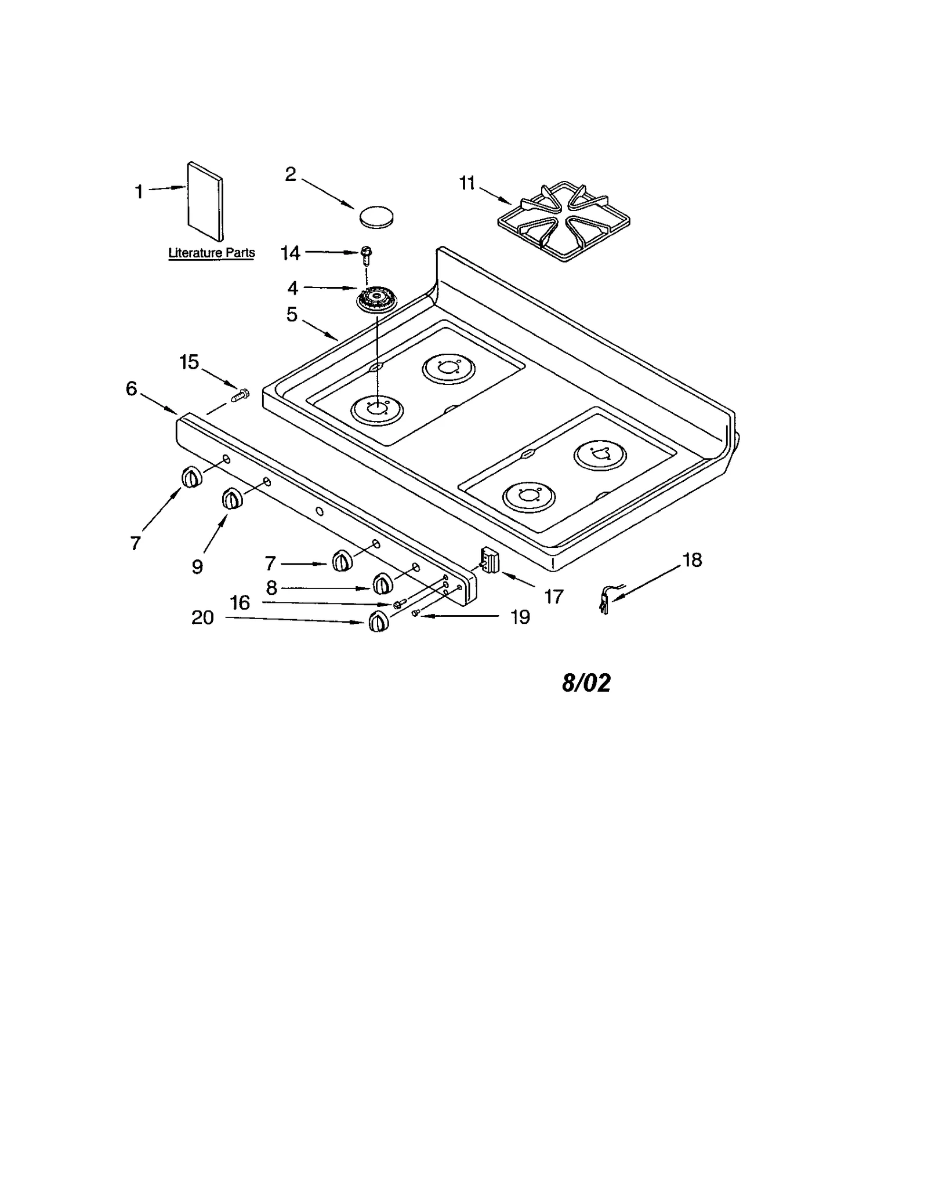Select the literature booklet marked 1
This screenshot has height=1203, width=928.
pyautogui.click(x=205, y=201)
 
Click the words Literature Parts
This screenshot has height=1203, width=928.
pyautogui.click(x=211, y=253)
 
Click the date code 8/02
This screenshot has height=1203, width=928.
pyautogui.click(x=586, y=682)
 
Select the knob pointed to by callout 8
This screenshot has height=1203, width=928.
pyautogui.click(x=382, y=584)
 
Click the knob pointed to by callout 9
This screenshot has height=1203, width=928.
pyautogui.click(x=232, y=499)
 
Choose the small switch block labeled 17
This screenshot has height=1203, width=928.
pyautogui.click(x=490, y=560)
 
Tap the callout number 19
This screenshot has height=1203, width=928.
pyautogui.click(x=520, y=617)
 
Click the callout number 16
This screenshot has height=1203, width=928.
pyautogui.click(x=240, y=603)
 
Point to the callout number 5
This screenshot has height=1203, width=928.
pyautogui.click(x=292, y=315)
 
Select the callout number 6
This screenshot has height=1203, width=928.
pyautogui.click(x=132, y=388)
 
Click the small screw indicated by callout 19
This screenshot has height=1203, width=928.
pyautogui.click(x=416, y=613)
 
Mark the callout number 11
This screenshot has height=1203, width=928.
pyautogui.click(x=467, y=183)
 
